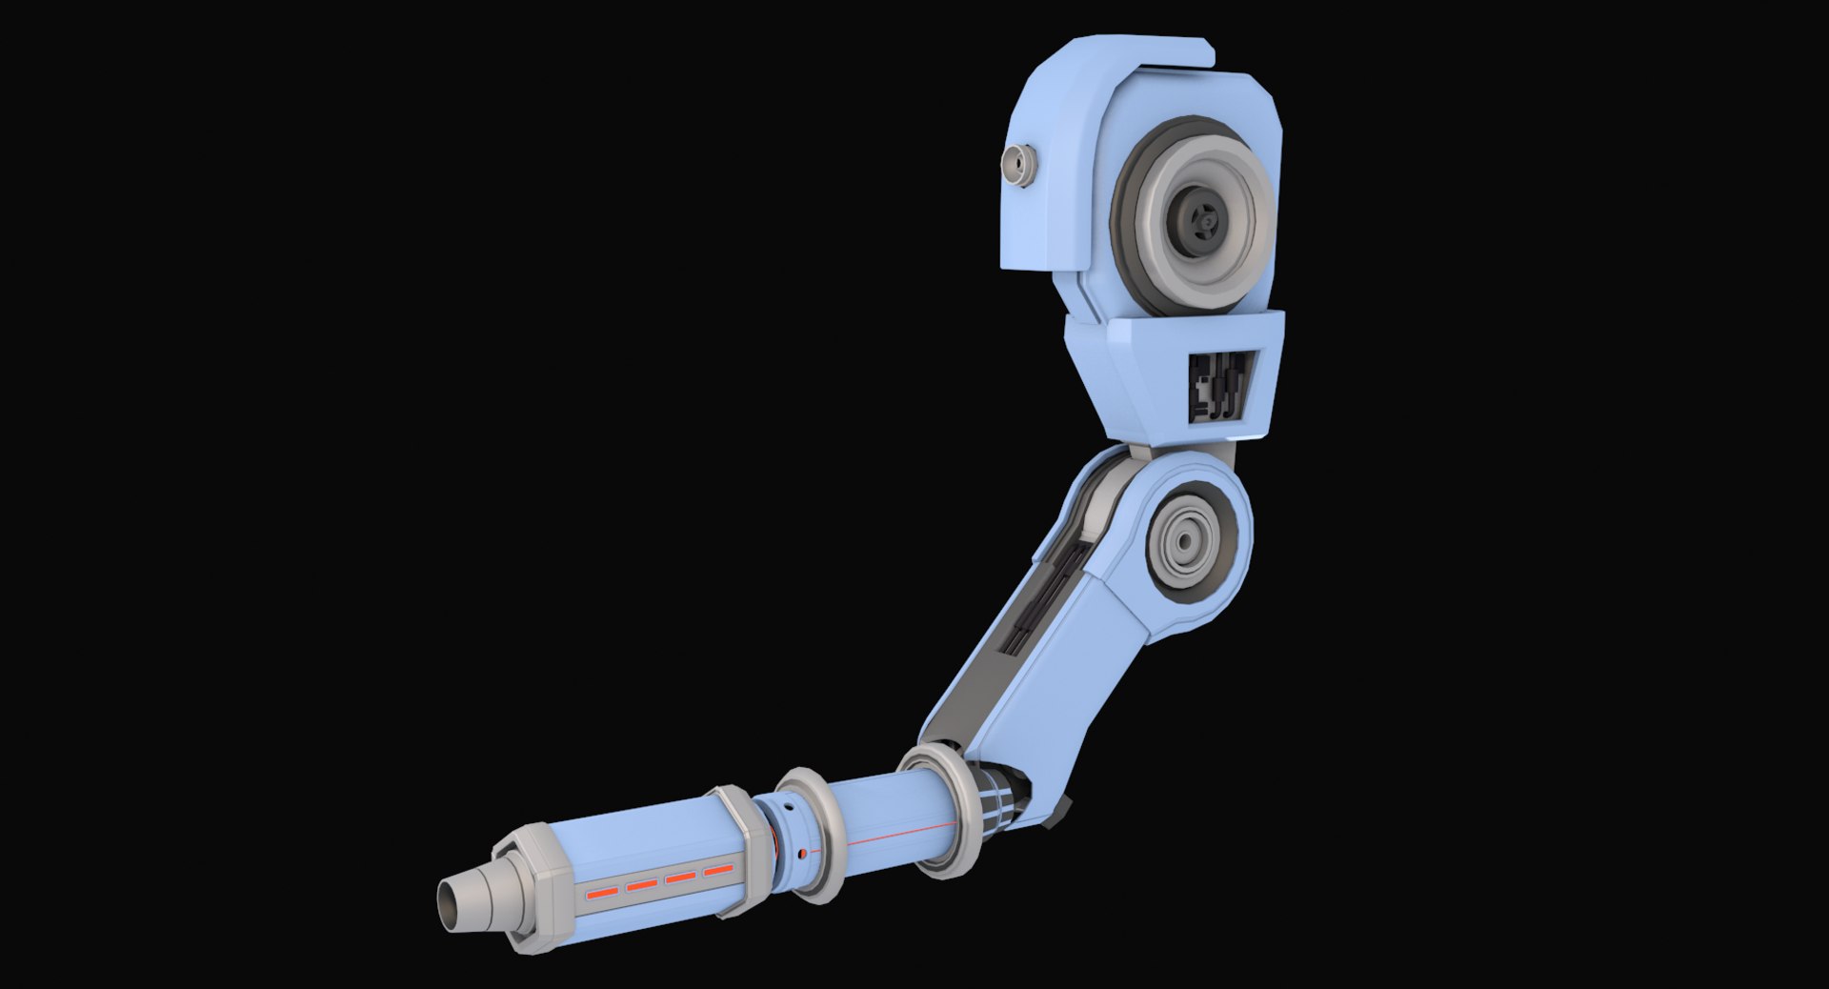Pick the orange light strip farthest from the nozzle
tap(718, 870)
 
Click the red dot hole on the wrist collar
tap(803, 852)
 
